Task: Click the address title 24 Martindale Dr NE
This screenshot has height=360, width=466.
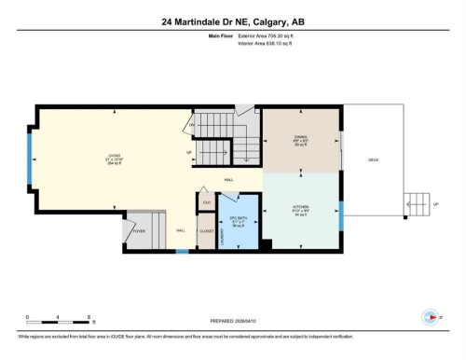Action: click(x=233, y=21)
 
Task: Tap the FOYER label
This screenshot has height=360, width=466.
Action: click(x=139, y=230)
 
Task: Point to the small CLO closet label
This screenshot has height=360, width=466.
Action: click(x=207, y=201)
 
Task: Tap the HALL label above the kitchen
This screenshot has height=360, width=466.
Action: click(x=228, y=179)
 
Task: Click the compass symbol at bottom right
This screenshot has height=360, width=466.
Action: click(x=430, y=316)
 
